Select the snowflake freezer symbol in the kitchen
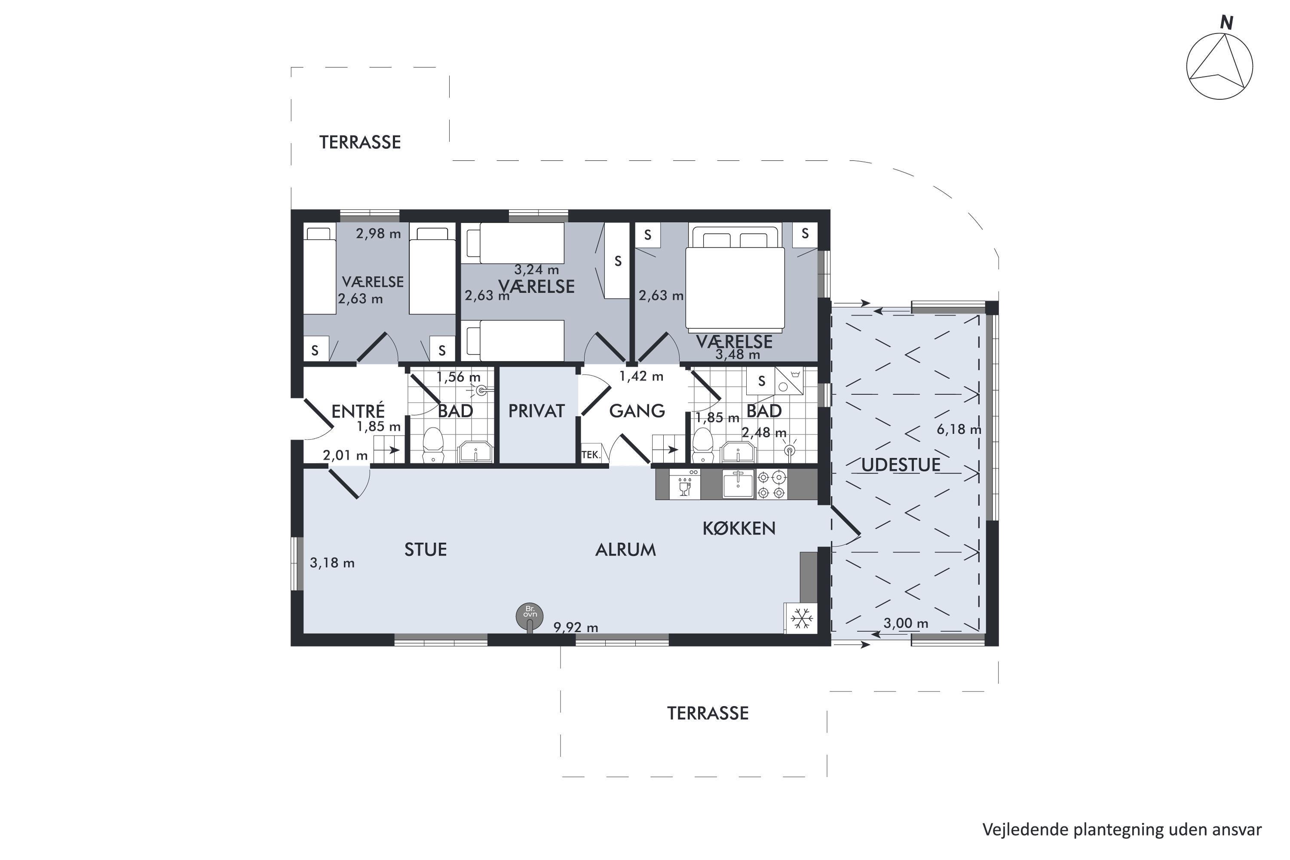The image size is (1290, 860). point(801,618)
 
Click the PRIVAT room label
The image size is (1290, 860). point(536,411)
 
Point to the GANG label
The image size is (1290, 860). point(637,411)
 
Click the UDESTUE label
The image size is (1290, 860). point(901,465)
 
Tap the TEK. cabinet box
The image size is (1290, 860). point(591,454)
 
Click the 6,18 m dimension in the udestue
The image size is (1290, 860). point(959,429)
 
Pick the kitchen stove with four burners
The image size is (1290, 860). point(772,484)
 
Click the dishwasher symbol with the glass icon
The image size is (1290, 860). point(684,484)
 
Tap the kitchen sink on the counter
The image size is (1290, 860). point(738,484)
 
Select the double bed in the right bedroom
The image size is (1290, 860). point(735,278)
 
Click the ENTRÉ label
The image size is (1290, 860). point(358,411)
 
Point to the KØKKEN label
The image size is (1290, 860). point(739,528)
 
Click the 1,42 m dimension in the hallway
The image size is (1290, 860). point(641,376)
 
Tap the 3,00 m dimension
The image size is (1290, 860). point(906,623)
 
